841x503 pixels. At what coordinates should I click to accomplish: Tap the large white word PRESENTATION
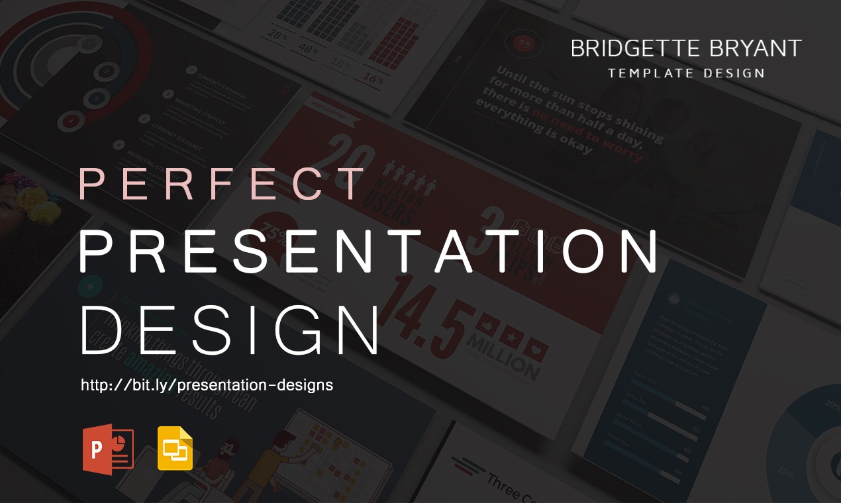pyautogui.click(x=368, y=251)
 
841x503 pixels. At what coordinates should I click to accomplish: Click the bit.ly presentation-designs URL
pyautogui.click(x=207, y=385)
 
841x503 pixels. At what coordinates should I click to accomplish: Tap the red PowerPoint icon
pyautogui.click(x=107, y=449)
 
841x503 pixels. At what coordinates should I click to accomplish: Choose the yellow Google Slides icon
pyautogui.click(x=175, y=449)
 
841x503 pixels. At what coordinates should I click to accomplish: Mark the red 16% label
pyautogui.click(x=373, y=80)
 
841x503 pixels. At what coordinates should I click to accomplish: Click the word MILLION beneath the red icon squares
pyautogui.click(x=503, y=357)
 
